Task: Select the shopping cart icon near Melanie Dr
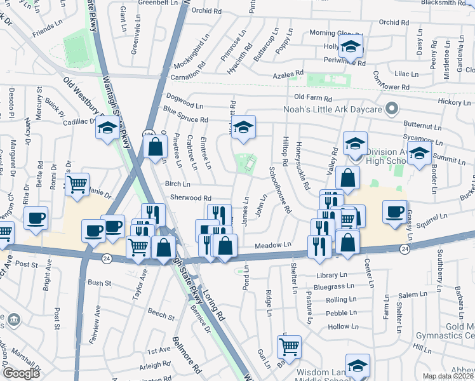point(77,185)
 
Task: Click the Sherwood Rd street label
point(190,198)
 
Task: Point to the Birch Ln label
point(177,184)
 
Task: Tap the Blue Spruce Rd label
point(185,114)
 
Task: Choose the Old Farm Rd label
point(313,98)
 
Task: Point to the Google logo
point(21,373)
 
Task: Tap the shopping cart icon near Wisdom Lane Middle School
point(289,347)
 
